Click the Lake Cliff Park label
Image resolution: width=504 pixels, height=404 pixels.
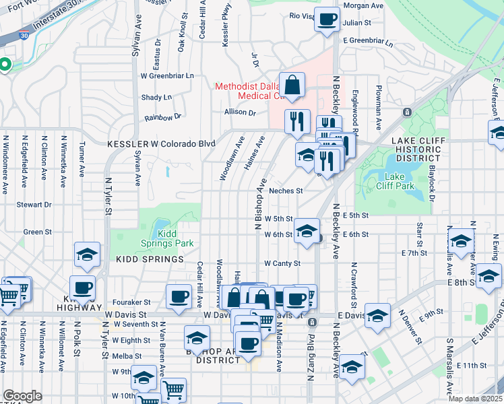389,180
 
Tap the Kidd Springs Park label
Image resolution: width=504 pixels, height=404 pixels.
175,238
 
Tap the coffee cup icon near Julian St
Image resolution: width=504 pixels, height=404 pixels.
327,20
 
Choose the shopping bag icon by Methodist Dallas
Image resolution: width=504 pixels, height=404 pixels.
293,86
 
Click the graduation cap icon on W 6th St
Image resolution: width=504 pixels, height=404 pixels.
307,232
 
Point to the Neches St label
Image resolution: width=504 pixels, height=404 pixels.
286,191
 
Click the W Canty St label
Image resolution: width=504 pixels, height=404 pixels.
282,263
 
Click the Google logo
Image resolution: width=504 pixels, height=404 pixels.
22,395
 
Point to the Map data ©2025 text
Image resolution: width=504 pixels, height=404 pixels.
476,399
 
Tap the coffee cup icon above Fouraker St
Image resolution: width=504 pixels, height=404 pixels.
179,298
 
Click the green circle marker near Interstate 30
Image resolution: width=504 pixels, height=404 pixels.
4,65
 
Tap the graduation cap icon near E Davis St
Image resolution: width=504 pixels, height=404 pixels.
378,316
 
